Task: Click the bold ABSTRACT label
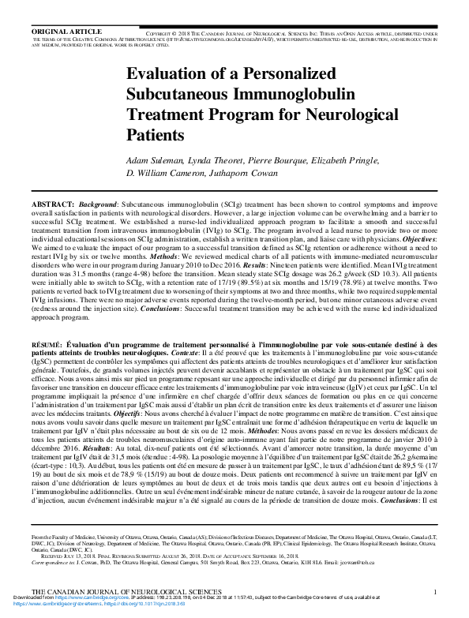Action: pyautogui.click(x=53, y=204)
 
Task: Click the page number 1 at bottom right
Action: pyautogui.click(x=435, y=591)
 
